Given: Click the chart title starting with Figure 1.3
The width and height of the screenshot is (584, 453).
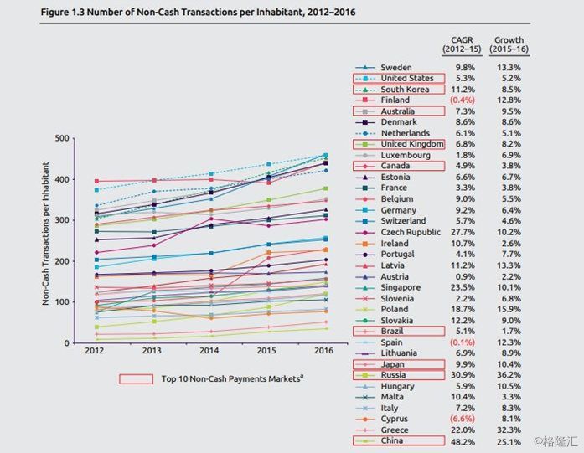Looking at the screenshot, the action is (198, 13).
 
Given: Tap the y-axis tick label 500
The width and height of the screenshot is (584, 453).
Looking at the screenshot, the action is (62, 138).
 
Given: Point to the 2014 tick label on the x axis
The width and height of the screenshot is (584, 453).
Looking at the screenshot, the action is (209, 351).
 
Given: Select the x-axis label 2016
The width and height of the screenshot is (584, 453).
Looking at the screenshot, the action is (324, 351).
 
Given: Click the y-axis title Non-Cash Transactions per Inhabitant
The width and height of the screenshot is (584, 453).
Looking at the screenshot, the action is (45, 234).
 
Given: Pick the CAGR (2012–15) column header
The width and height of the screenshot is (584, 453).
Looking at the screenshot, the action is (462, 44).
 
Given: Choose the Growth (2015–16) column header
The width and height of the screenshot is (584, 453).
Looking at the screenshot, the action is (509, 44).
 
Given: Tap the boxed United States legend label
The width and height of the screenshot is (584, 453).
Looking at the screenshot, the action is (407, 78).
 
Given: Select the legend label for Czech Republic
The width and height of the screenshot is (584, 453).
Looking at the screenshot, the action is (411, 232).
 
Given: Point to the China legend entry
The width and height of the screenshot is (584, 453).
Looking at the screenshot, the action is (392, 440).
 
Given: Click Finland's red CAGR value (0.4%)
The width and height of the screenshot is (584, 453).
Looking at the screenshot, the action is (463, 100).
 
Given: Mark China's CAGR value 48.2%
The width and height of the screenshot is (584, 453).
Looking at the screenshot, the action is (463, 442).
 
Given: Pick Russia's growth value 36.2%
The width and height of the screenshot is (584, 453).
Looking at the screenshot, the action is (509, 375).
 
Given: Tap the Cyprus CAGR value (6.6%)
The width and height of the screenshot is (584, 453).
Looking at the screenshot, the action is (463, 419).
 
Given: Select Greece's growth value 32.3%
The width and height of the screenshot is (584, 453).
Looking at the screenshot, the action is (509, 430).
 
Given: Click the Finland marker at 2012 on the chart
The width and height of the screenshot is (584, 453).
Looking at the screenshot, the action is (97, 181).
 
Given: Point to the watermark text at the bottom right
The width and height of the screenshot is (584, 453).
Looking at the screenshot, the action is (556, 441).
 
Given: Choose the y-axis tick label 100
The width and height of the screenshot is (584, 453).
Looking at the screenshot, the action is (62, 302).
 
